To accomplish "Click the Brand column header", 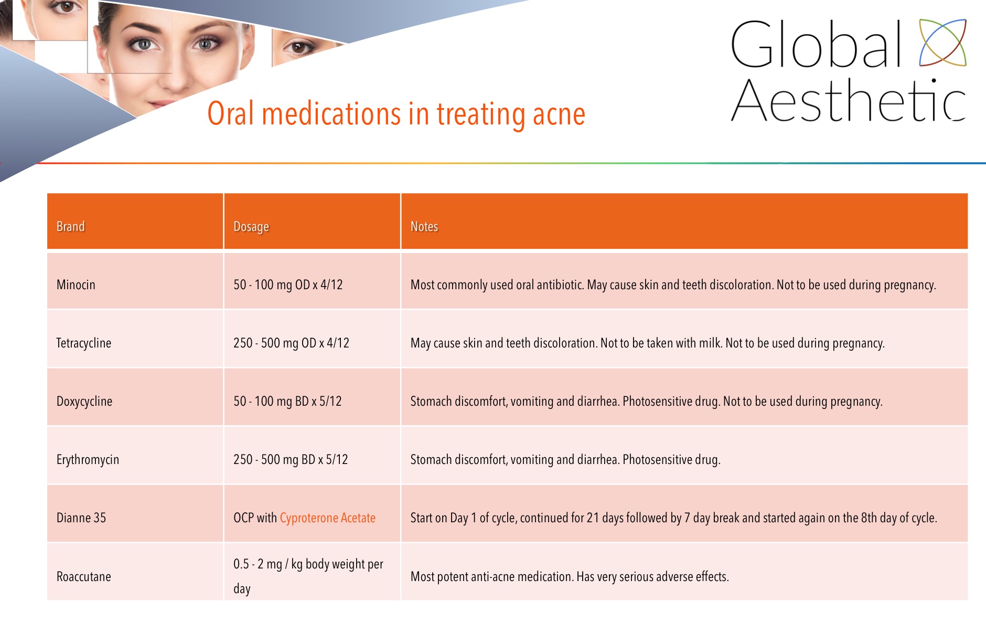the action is coord(70,226).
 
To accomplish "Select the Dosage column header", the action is coord(251,227).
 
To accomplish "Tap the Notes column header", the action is coord(424,226).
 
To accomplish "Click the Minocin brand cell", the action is coord(76,284).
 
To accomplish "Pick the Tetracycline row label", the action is coord(83,343).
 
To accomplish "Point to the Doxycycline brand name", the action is coord(84,402).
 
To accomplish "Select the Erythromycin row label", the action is coord(88,460).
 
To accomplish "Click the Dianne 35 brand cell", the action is coord(81,518).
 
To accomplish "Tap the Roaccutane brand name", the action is coord(83,576).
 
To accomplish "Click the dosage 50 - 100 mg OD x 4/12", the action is coord(288,284).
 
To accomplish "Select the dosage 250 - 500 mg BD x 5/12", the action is coord(291,459).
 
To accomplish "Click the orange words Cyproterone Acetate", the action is coord(327,518).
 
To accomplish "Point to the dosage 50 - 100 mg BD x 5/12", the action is coord(287,401).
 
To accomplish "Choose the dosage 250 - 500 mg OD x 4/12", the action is coord(291,343).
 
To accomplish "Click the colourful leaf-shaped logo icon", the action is coord(942,43).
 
